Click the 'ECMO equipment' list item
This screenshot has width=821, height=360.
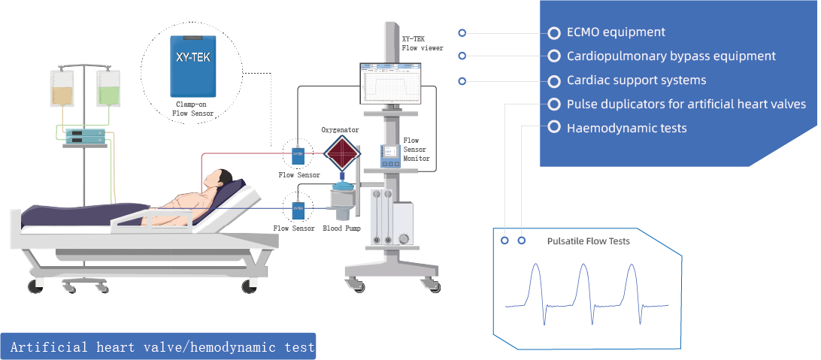point(615,32)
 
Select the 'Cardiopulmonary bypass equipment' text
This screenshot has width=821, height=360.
point(671,56)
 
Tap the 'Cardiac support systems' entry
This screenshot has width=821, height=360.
point(636,80)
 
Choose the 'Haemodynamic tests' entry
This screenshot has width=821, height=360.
point(626,128)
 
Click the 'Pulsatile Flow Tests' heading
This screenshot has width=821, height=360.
point(588,241)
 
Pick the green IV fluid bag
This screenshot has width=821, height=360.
point(108,89)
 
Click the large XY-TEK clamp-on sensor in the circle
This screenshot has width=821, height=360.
point(192,66)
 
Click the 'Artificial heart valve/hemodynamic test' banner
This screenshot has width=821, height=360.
point(159,347)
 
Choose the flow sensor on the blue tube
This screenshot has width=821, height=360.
point(298,206)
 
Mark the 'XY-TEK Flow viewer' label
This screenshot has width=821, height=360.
point(422,43)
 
